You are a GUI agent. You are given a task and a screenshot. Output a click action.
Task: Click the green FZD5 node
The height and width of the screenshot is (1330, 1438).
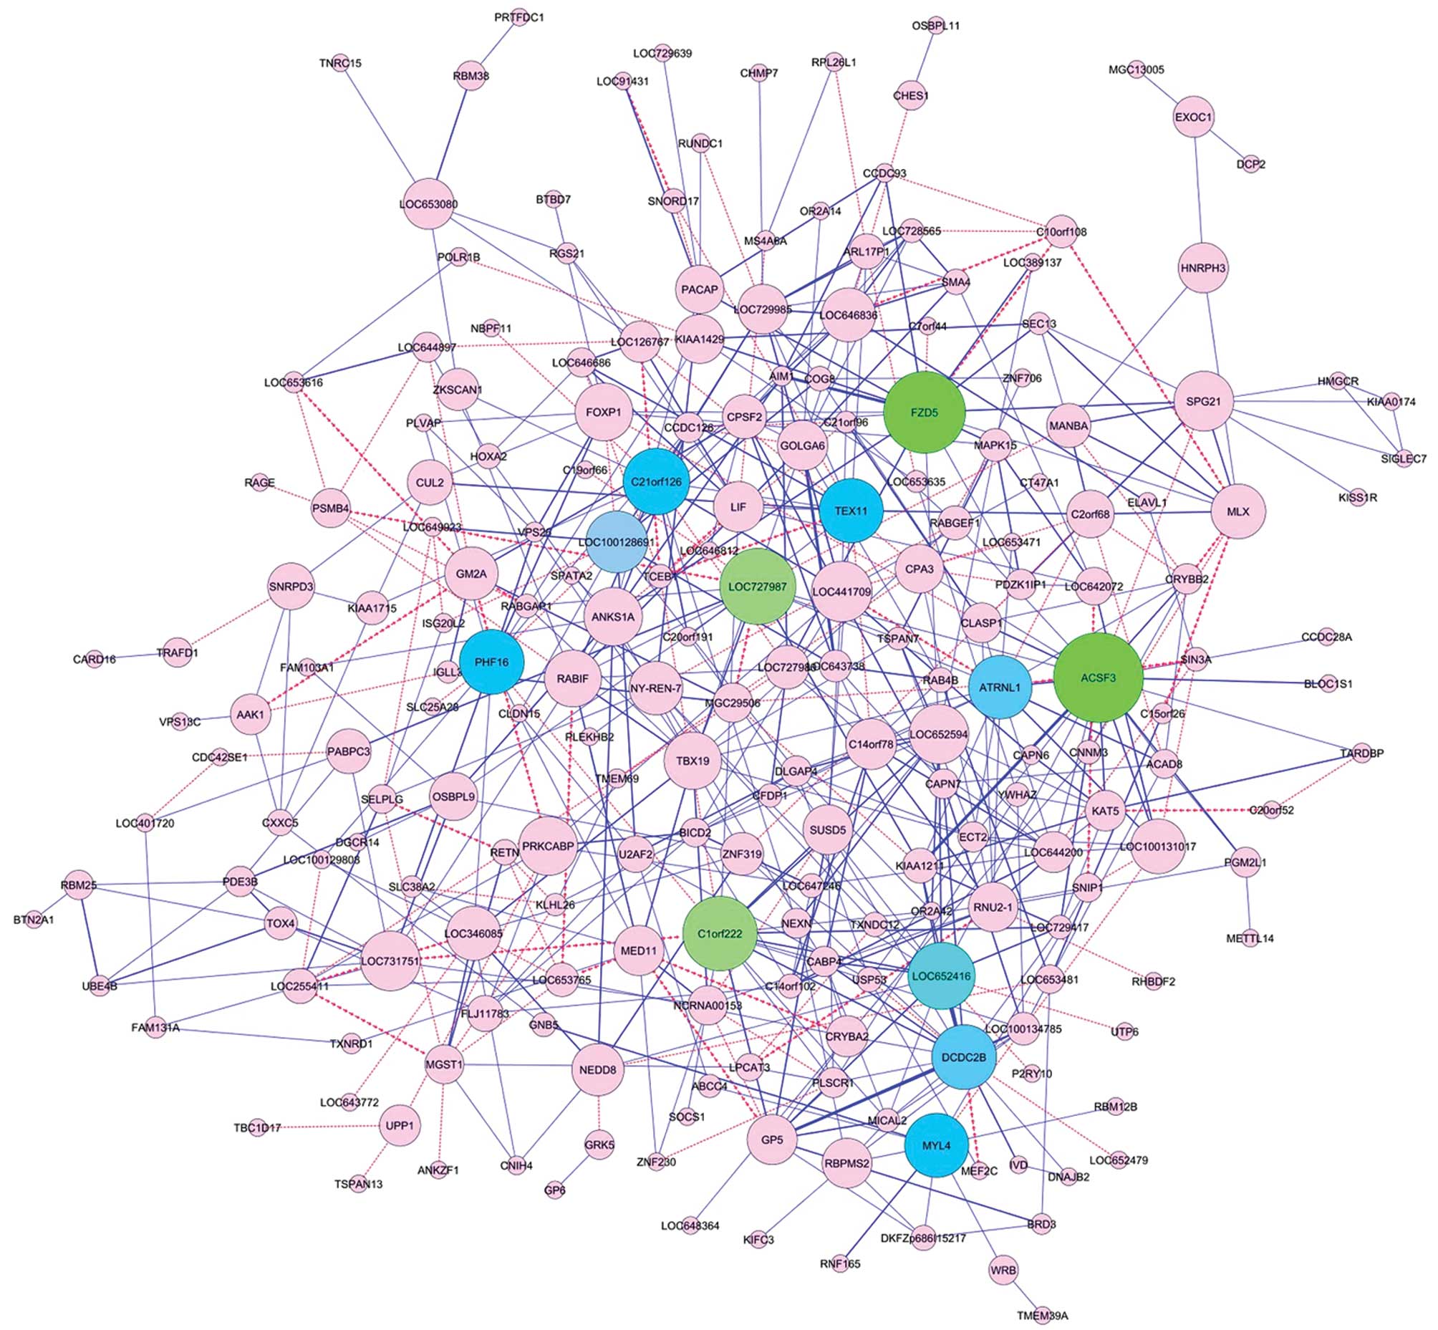924,413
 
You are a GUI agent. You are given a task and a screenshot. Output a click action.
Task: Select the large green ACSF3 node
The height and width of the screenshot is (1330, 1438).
1098,678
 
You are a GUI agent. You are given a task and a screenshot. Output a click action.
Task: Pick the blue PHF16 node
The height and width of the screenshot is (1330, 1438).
491,662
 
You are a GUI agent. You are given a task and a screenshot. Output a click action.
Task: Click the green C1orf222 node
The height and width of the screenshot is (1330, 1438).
719,933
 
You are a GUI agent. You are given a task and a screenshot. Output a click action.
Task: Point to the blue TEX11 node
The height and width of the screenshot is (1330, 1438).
851,511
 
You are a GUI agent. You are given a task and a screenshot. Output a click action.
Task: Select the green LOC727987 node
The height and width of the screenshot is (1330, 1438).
757,586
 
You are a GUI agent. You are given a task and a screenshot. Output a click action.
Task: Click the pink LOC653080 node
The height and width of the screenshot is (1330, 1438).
428,203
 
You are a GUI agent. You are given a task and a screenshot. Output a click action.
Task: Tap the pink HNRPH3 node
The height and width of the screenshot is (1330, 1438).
1202,268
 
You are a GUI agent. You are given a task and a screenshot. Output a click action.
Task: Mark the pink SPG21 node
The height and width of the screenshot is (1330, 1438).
1203,401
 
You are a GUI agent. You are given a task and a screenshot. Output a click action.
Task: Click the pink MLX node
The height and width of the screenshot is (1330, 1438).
1238,511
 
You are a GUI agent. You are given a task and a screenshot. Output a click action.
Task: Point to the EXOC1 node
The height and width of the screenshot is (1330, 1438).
1193,117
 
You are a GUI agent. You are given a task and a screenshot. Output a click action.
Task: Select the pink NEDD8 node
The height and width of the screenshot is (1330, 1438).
598,1069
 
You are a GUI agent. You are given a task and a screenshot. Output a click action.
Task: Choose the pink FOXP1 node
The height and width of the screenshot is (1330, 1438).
603,413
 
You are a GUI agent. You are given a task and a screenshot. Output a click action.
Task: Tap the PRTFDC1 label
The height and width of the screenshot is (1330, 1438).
519,16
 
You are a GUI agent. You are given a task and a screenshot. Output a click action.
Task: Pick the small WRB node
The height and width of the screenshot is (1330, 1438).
1003,1271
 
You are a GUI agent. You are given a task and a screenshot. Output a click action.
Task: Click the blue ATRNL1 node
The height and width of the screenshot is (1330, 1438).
1000,687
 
